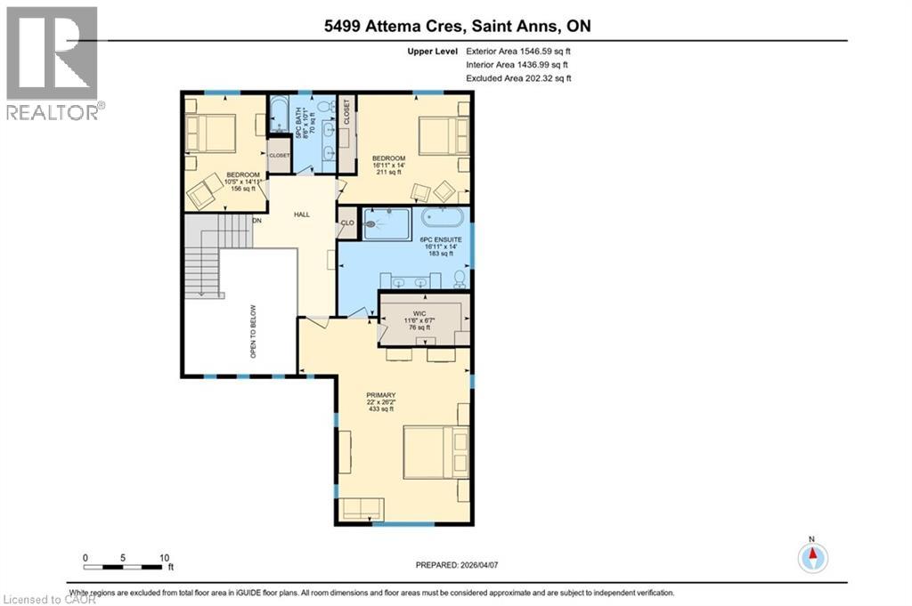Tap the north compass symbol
click(x=811, y=557)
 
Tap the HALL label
click(x=302, y=214)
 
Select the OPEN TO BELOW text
click(x=253, y=330)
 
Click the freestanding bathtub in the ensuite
click(x=443, y=218)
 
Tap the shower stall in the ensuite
click(x=387, y=223)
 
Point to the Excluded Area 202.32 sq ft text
click(x=517, y=78)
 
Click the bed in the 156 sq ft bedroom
click(x=210, y=133)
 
